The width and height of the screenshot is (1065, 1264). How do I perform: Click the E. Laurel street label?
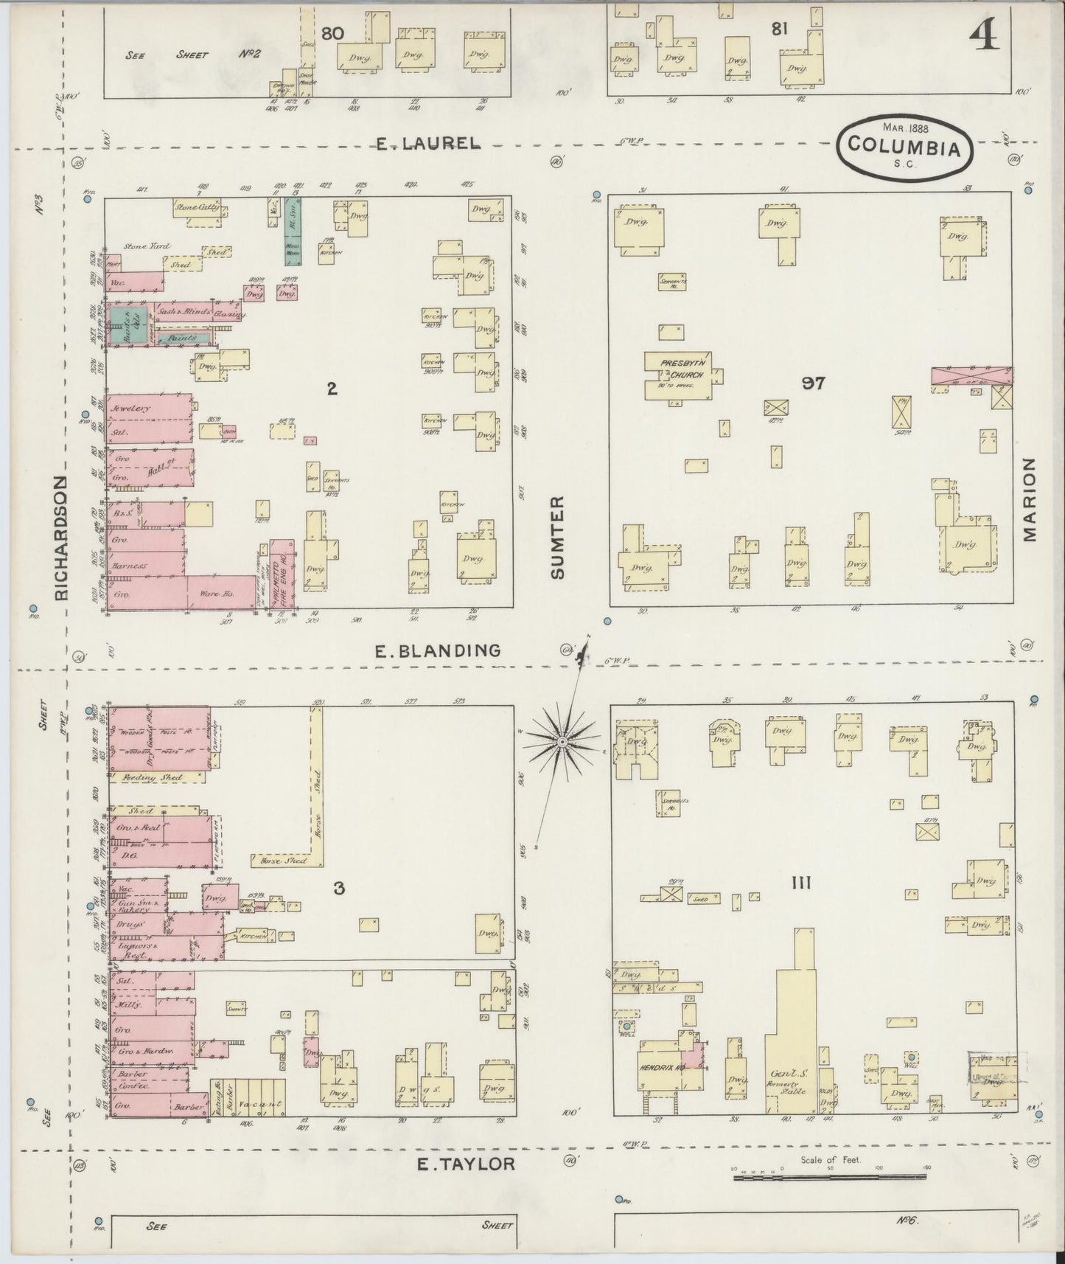(x=428, y=144)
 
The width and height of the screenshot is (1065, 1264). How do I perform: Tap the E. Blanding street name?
(x=438, y=650)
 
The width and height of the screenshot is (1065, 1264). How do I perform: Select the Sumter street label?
(x=558, y=536)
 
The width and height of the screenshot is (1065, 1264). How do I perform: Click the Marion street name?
(x=1030, y=499)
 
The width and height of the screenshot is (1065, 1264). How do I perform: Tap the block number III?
(x=800, y=882)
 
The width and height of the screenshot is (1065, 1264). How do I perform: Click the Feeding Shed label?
(x=142, y=777)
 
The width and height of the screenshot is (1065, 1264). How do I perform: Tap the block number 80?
(x=333, y=32)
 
